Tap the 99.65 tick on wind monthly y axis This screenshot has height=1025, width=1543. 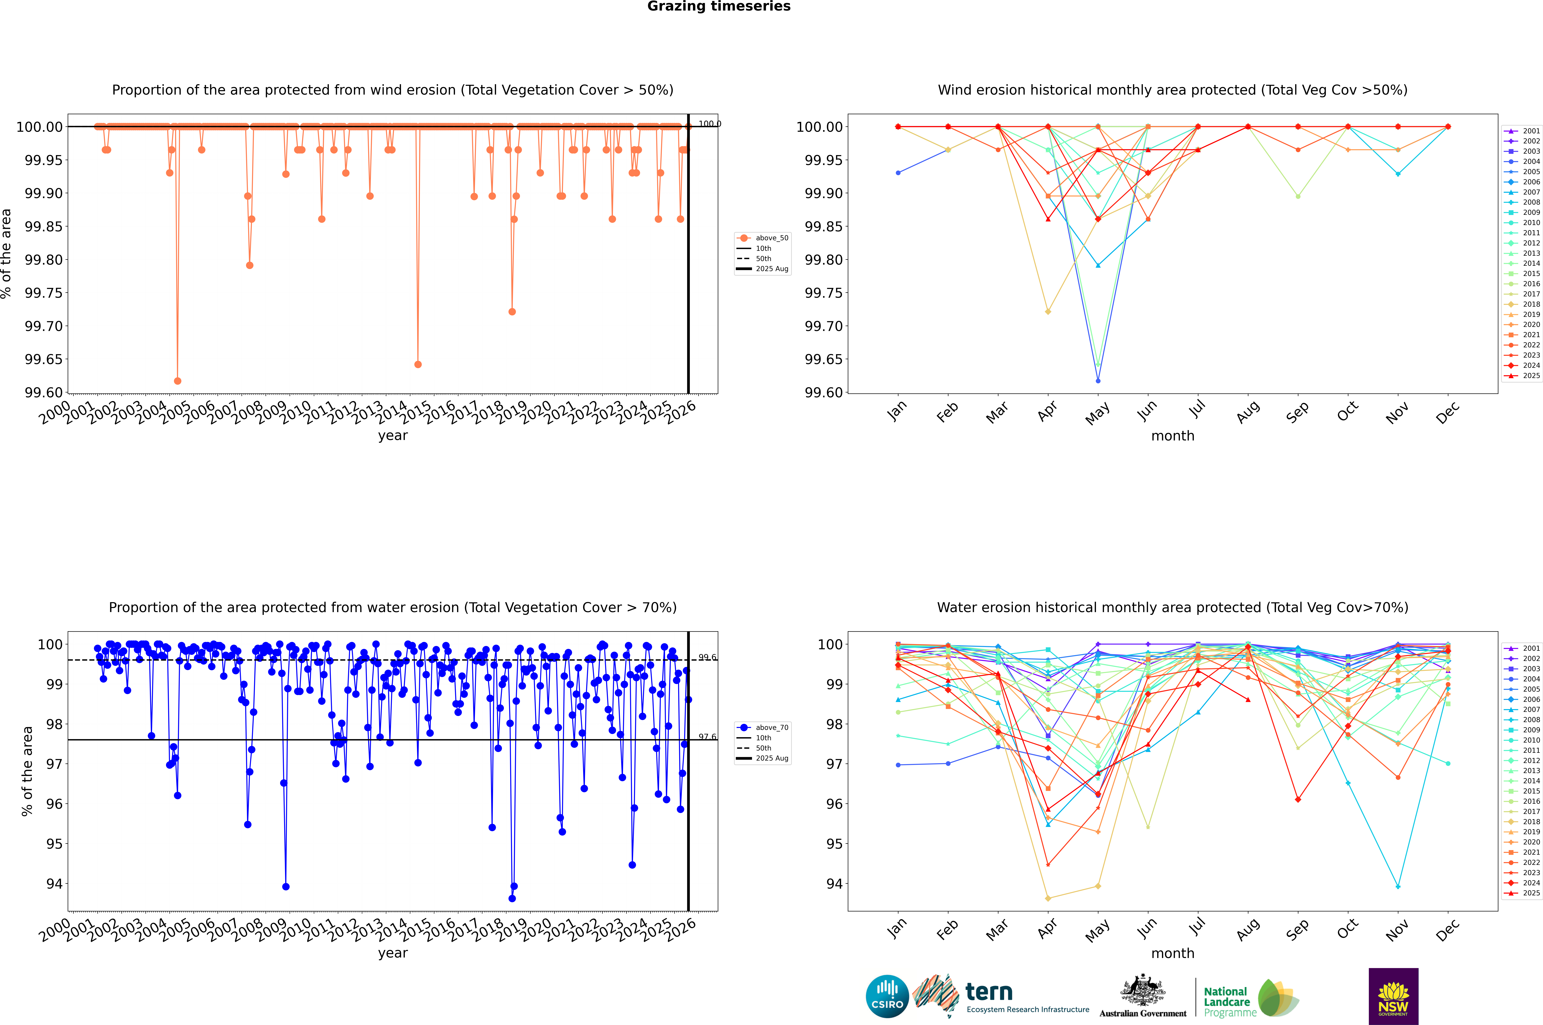pos(824,360)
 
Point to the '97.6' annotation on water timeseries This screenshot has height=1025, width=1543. pos(707,737)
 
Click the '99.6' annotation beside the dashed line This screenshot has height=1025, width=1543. pos(707,658)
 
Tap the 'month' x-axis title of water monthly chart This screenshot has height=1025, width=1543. pos(1172,953)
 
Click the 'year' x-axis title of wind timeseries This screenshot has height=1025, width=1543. pos(392,435)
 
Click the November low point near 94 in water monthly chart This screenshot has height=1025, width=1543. pos(1398,886)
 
